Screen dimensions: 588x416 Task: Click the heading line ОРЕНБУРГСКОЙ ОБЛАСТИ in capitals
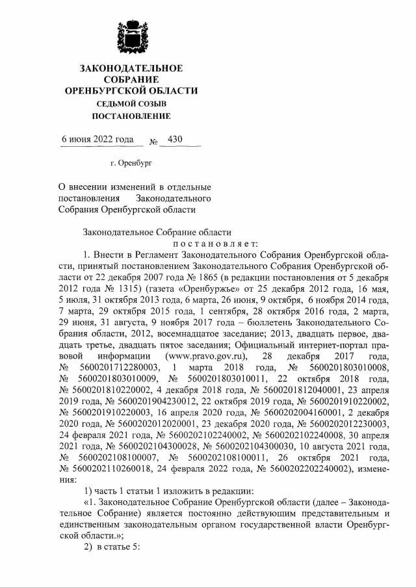pyautogui.click(x=131, y=90)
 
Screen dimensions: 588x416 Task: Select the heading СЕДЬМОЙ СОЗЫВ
pyautogui.click(x=131, y=104)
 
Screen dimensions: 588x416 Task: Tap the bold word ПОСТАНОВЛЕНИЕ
pyautogui.click(x=131, y=117)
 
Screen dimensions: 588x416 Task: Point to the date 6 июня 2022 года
pyautogui.click(x=97, y=139)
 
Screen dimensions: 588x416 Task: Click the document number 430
pyautogui.click(x=175, y=139)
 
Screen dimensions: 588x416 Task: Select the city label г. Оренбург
pyautogui.click(x=133, y=164)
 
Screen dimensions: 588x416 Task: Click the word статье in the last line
pyautogui.click(x=114, y=545)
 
